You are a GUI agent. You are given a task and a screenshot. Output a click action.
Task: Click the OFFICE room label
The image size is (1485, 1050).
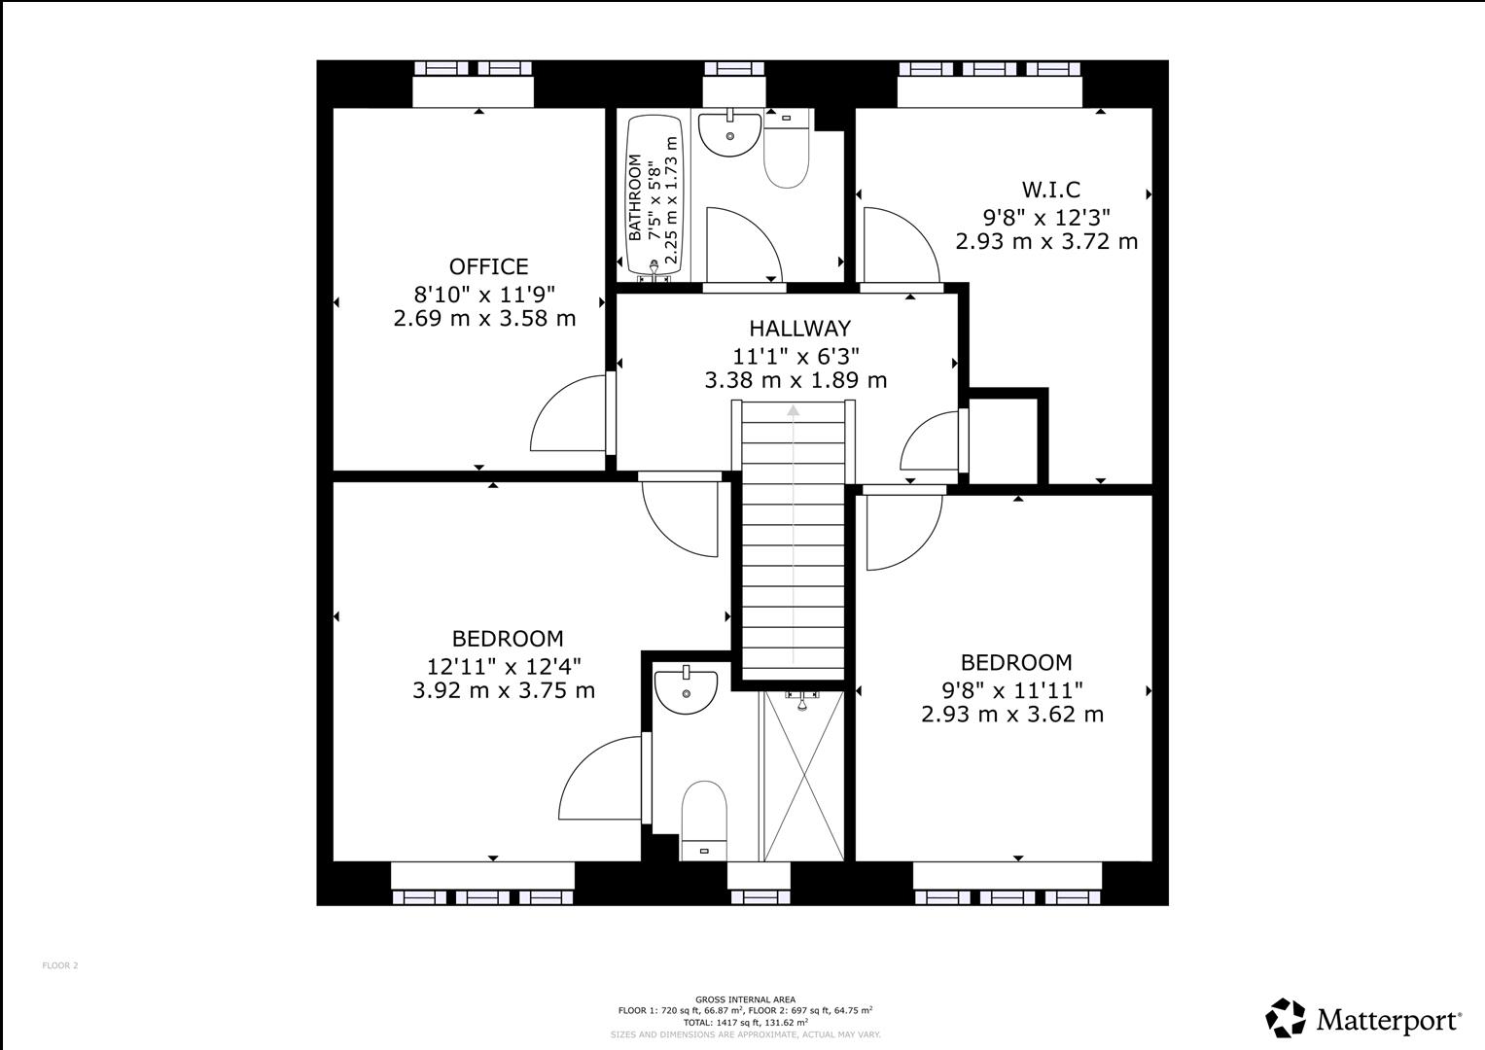coord(488,266)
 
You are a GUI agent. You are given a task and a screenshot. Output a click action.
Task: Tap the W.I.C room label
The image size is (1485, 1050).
coord(1050,190)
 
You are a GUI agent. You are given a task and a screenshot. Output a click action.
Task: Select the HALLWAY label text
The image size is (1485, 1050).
coord(799,329)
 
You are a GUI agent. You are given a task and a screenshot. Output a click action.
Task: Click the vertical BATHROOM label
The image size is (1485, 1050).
coord(635,197)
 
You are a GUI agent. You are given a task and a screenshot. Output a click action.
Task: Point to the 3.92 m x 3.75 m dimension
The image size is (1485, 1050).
coord(504,690)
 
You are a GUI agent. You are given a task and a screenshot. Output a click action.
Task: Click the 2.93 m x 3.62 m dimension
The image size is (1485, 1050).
coord(1012,715)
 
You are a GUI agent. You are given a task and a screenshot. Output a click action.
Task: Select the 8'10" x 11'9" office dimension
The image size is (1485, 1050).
coord(484,293)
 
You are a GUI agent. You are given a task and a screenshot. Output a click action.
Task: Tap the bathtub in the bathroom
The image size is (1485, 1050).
coord(654,197)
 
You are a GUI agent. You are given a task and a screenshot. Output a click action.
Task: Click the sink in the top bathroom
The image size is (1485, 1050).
coord(729,134)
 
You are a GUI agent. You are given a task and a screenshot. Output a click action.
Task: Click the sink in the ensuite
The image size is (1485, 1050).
coord(686,689)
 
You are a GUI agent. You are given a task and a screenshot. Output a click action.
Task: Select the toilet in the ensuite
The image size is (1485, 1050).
coord(704,817)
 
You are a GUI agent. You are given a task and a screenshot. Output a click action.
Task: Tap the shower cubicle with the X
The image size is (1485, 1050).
coord(803,778)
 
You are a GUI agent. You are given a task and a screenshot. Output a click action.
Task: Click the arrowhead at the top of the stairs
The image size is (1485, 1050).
coord(794,410)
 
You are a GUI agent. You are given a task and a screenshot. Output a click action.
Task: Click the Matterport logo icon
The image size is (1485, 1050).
coord(1285,1018)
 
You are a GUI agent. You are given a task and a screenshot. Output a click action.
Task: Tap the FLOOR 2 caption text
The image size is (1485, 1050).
coord(59,965)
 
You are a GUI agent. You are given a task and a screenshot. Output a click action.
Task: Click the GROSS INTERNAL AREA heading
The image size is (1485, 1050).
coord(745,999)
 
